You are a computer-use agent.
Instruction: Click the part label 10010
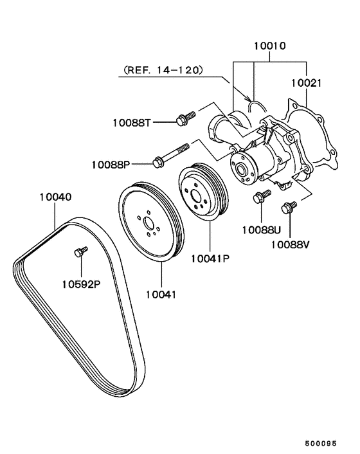coord(270,46)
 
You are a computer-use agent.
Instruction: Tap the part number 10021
coord(306,83)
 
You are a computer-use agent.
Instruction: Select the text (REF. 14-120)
coord(163,70)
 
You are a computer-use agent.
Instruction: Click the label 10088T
coord(132,123)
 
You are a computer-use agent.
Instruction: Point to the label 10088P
coord(111,165)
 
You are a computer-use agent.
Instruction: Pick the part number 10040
coord(55,197)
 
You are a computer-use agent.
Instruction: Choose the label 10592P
coord(81,284)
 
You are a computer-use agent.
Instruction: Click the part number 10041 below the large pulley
coord(161,295)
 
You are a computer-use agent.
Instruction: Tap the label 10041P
coord(210,259)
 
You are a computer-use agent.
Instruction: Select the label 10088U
coord(261,230)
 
